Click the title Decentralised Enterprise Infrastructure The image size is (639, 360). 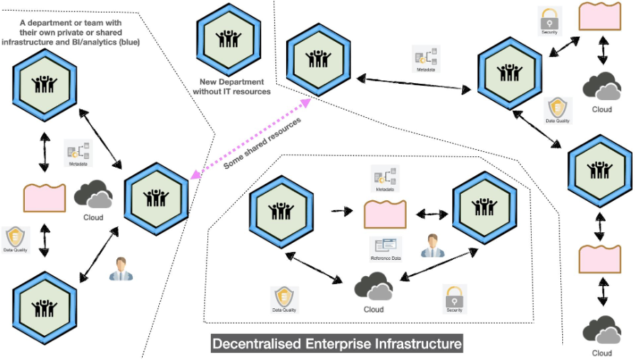coord(337,344)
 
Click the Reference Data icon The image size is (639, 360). coord(386,246)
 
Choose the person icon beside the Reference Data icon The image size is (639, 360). coord(431,246)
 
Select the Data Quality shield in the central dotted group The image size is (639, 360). coord(284,298)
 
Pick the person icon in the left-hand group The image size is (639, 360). coord(121,269)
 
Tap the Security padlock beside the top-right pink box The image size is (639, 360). coord(551,18)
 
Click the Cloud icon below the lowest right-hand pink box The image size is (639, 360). coord(602,331)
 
